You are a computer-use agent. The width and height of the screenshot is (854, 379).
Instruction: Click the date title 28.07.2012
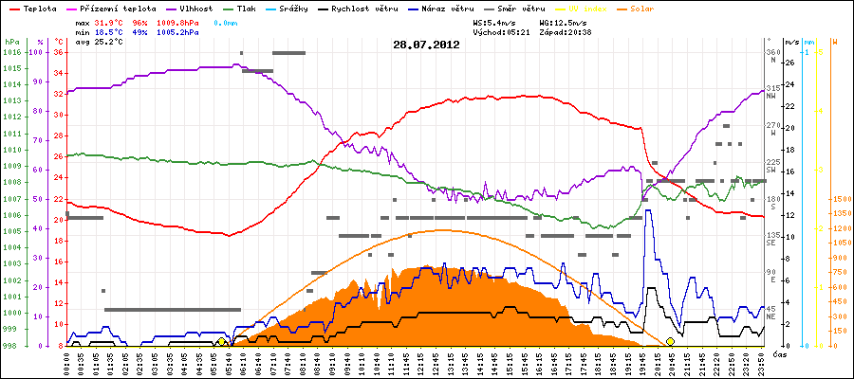(x=426, y=45)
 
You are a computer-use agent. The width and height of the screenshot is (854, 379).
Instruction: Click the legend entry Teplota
(x=33, y=8)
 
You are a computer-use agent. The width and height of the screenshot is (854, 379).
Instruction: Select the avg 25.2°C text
(x=96, y=43)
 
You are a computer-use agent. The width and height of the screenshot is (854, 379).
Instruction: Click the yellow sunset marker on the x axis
(x=670, y=341)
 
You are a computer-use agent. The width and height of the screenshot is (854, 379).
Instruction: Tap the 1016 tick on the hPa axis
(x=11, y=52)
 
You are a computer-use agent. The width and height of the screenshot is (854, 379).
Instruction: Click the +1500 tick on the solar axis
(x=818, y=199)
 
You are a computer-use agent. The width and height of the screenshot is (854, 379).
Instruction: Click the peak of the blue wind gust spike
(x=648, y=211)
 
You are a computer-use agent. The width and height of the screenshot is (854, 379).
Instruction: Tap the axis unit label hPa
(x=11, y=42)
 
